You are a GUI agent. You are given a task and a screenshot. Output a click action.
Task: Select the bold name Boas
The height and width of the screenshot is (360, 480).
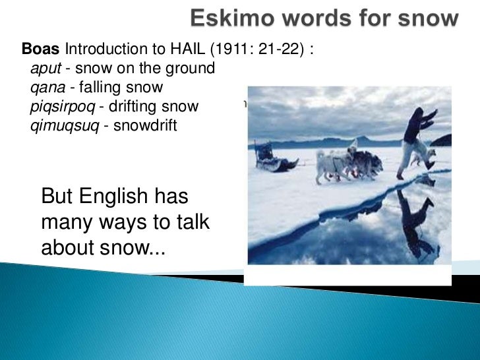[41, 49]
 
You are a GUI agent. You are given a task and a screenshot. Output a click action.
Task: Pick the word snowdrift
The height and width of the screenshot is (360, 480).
[145, 125]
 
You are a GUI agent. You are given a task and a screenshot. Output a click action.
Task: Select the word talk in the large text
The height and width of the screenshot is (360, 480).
[187, 223]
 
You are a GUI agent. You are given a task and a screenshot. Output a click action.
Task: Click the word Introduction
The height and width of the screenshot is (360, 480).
[107, 49]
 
